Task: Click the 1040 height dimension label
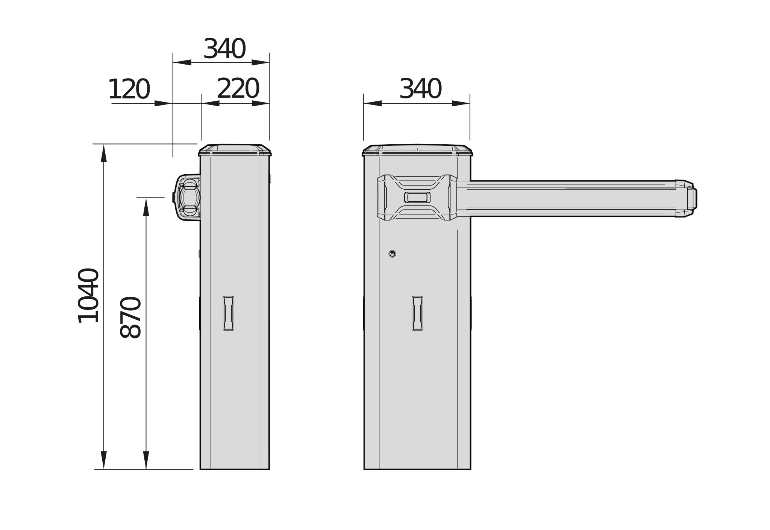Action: [x=88, y=296]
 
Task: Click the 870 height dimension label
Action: [x=130, y=317]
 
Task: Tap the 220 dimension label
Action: [x=238, y=89]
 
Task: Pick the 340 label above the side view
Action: [x=224, y=49]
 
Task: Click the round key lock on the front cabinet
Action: [x=392, y=254]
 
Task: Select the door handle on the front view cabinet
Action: [x=417, y=313]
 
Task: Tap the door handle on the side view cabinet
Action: [x=229, y=313]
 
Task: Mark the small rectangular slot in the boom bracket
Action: [x=417, y=197]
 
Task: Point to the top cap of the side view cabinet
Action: [x=235, y=150]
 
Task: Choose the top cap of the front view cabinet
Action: [x=417, y=150]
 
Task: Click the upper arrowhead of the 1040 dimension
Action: [x=104, y=153]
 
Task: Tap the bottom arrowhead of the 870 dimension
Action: [x=146, y=460]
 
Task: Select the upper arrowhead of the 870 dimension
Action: [x=146, y=207]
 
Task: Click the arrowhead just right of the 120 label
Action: [x=164, y=103]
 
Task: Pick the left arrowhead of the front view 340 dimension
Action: [x=373, y=103]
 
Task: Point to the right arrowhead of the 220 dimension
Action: [x=260, y=103]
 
